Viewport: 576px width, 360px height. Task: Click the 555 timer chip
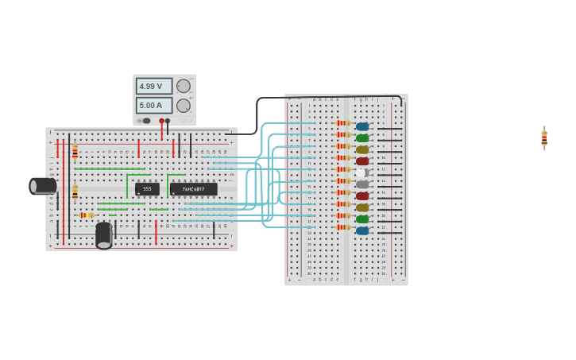(x=147, y=189)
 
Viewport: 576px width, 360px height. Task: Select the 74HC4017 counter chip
(x=193, y=189)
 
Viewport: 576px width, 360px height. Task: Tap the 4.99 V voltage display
(x=153, y=86)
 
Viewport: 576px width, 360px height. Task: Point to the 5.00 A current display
(x=153, y=105)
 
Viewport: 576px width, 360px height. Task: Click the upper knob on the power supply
(x=184, y=86)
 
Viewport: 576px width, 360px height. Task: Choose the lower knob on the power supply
(x=184, y=106)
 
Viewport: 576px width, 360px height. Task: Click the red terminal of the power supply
(x=161, y=121)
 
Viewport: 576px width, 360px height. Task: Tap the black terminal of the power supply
(x=168, y=121)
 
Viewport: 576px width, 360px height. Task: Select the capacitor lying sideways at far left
(x=43, y=186)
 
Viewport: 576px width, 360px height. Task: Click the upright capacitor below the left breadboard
(x=103, y=235)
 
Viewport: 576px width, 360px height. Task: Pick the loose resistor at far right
(x=544, y=137)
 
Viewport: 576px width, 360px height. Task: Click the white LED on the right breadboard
(x=361, y=172)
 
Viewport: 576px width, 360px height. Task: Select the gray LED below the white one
(x=362, y=184)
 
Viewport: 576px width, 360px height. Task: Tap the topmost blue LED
(x=362, y=126)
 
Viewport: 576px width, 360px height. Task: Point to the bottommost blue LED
(x=362, y=230)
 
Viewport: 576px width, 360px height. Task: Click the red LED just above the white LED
(x=362, y=161)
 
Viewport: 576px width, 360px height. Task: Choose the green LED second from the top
(x=362, y=138)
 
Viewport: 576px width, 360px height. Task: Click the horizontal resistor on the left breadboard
(x=86, y=215)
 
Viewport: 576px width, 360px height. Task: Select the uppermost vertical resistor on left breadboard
(x=75, y=152)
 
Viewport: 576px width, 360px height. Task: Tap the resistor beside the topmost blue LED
(x=343, y=123)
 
